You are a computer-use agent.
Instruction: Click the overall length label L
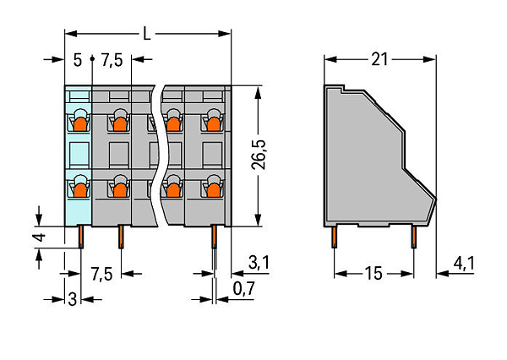147,34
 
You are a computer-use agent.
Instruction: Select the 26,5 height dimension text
259,155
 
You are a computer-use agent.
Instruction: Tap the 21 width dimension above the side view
379,59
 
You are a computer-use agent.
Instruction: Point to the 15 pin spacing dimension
373,274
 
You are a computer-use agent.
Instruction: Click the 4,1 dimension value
464,264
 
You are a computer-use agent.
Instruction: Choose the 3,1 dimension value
259,262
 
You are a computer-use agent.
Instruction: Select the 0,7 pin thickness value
244,288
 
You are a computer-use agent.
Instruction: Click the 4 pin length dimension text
40,237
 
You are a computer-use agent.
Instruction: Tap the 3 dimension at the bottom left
73,299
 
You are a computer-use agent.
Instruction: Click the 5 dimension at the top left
78,60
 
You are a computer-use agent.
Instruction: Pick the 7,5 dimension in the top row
112,61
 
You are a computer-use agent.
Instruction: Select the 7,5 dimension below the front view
101,275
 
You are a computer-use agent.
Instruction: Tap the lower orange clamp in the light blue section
80,190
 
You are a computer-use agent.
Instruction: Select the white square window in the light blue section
79,155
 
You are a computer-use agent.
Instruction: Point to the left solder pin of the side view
335,237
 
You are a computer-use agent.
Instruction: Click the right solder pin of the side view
414,237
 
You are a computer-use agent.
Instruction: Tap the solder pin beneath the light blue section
81,237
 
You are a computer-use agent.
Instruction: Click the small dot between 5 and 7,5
92,59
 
